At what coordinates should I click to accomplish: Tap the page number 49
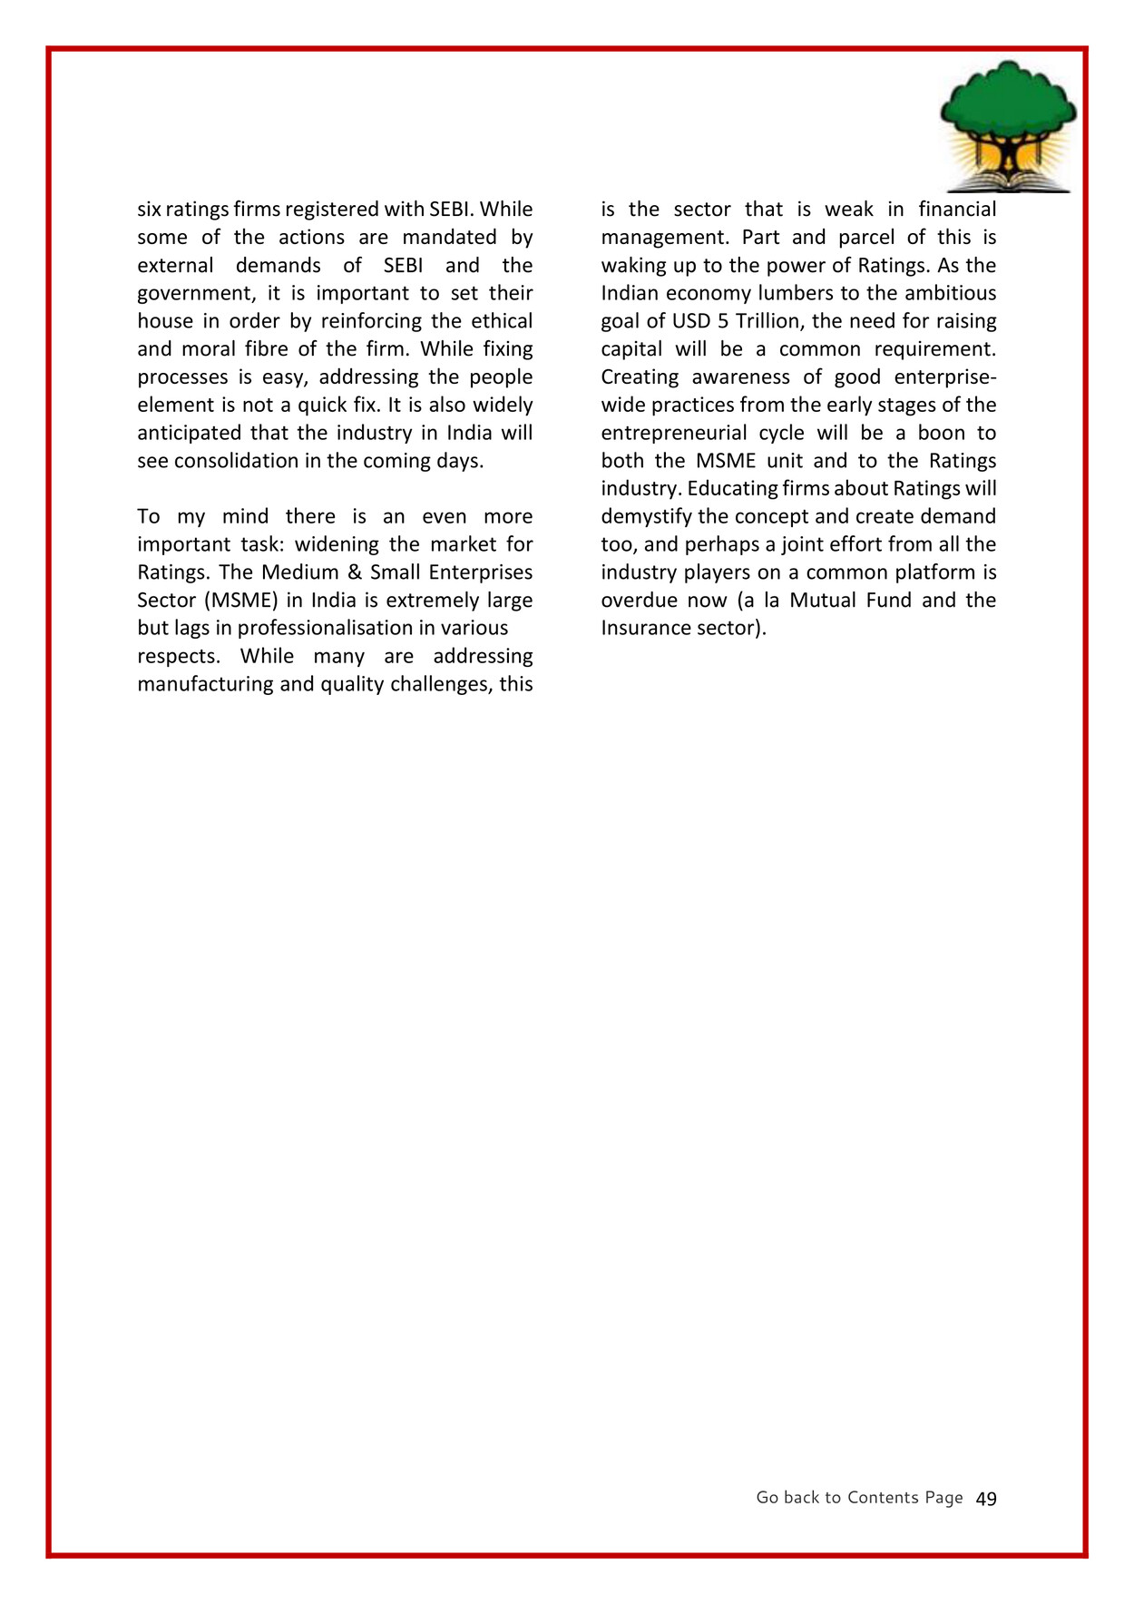pos(986,1499)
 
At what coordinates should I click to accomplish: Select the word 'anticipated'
pos(189,433)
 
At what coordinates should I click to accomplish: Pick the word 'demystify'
pos(646,517)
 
